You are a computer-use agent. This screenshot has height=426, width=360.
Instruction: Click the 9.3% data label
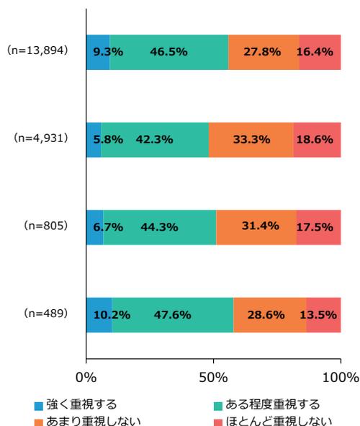[97, 52]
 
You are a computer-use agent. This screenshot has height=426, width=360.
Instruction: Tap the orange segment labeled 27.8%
[264, 52]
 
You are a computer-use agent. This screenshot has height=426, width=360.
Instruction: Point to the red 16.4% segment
[320, 52]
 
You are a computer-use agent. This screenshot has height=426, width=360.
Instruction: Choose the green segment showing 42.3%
[155, 139]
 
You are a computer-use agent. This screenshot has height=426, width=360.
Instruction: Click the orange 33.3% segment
[251, 139]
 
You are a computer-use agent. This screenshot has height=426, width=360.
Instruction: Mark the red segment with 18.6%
[318, 139]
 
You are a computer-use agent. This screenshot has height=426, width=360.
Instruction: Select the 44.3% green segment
[160, 226]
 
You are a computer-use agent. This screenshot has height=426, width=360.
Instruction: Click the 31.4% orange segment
[256, 226]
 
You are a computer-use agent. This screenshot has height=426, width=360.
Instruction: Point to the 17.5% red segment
[318, 226]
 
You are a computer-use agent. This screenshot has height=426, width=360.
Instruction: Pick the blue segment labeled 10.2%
[99, 314]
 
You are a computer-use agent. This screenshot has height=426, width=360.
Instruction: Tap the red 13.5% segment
[323, 314]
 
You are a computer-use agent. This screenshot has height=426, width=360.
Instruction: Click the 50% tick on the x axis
[214, 378]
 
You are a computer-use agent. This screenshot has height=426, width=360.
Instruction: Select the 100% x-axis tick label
[341, 378]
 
